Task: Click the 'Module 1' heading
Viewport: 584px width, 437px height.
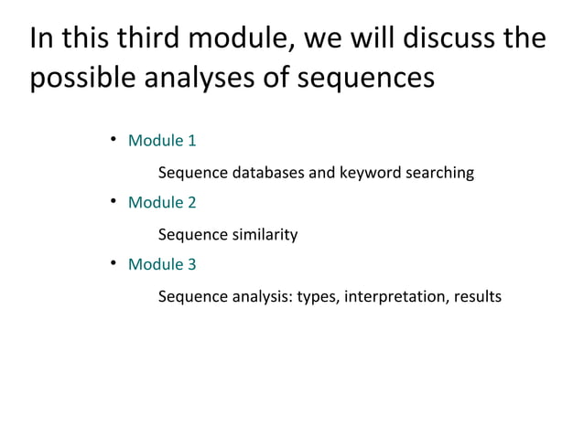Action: (x=162, y=142)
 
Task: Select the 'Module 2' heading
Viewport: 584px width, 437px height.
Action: (x=162, y=203)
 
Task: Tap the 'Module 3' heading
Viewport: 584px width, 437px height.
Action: (x=162, y=265)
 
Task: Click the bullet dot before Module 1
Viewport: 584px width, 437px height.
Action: (x=113, y=141)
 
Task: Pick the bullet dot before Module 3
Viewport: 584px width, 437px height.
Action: (x=113, y=264)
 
